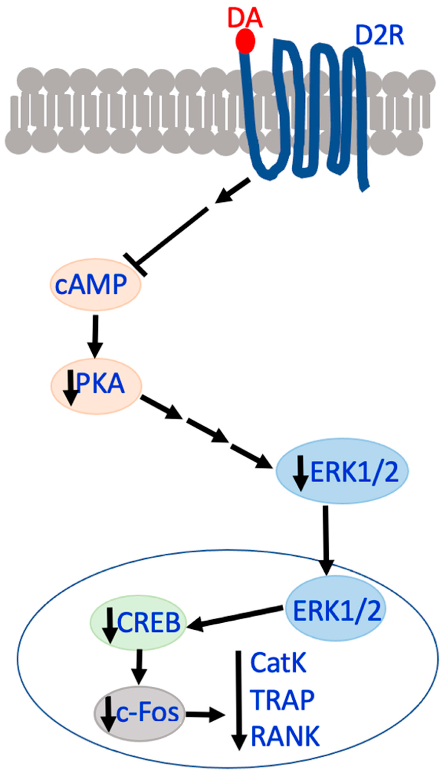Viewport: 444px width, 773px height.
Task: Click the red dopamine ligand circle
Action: tap(245, 41)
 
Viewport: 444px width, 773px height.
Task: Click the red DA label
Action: tap(245, 18)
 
